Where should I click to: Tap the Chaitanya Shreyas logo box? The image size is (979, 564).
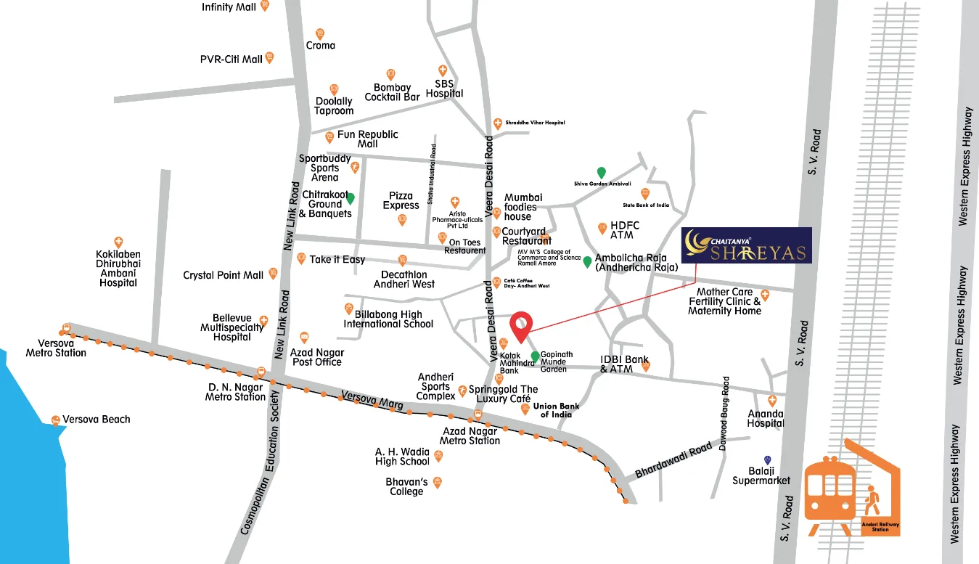pyautogui.click(x=746, y=245)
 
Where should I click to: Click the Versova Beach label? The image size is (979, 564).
pyautogui.click(x=96, y=420)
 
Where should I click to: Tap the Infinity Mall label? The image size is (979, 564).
pyautogui.click(x=228, y=7)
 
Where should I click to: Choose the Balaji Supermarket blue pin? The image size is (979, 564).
pyautogui.click(x=767, y=460)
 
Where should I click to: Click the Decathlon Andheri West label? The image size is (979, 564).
pyautogui.click(x=404, y=279)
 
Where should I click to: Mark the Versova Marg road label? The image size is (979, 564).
pyautogui.click(x=372, y=401)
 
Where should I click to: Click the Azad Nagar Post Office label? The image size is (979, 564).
pyautogui.click(x=316, y=357)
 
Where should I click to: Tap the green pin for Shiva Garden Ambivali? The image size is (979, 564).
pyautogui.click(x=601, y=172)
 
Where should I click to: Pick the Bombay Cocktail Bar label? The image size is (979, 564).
pyautogui.click(x=392, y=92)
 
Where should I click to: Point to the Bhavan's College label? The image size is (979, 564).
pyautogui.click(x=406, y=486)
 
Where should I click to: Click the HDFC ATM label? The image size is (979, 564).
pyautogui.click(x=622, y=230)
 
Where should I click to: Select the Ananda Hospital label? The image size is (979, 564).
pyautogui.click(x=766, y=418)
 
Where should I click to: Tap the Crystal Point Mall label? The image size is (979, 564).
pyautogui.click(x=224, y=275)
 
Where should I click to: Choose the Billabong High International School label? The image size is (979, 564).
pyautogui.click(x=388, y=319)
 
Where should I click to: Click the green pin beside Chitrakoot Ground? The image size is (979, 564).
pyautogui.click(x=350, y=198)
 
